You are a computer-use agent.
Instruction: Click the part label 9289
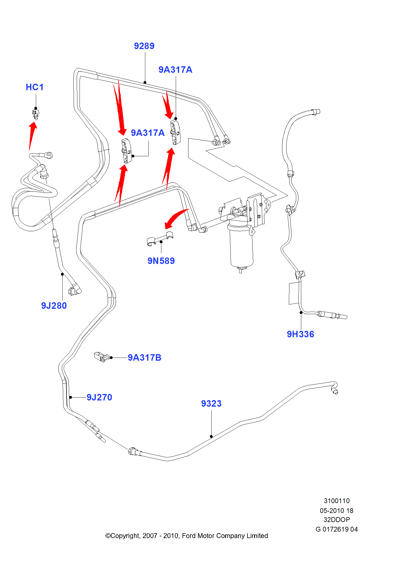144,46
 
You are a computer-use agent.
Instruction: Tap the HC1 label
35,87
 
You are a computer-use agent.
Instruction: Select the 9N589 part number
161,261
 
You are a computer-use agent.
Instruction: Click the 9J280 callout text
54,306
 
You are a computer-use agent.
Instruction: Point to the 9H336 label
300,334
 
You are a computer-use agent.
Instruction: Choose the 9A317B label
144,358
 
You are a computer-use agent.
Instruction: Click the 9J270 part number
99,397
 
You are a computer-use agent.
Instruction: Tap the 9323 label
211,404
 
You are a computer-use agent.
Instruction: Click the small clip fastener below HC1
36,114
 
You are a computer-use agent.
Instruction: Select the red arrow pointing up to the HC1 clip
32,135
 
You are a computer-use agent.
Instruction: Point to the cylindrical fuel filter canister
241,245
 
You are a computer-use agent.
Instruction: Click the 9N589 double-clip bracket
160,238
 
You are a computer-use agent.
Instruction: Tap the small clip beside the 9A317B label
101,357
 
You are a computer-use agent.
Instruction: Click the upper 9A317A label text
175,70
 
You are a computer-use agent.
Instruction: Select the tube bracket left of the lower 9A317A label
126,151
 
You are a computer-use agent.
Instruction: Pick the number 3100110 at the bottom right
337,501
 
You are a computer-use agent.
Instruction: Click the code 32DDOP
337,519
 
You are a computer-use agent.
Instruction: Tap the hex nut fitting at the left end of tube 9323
132,451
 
